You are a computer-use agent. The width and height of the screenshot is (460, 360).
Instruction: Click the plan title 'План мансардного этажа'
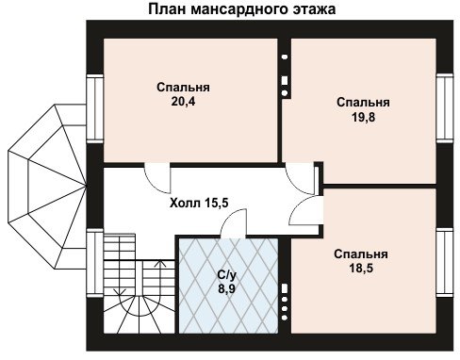pyautogui.click(x=241, y=8)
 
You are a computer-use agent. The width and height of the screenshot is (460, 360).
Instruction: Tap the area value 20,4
pyautogui.click(x=183, y=101)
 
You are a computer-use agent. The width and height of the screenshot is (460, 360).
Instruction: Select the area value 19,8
pyautogui.click(x=363, y=117)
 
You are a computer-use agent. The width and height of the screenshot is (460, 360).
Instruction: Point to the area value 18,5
pyautogui.click(x=361, y=269)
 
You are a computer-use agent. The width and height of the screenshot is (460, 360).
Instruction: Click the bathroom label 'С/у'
pyautogui.click(x=227, y=275)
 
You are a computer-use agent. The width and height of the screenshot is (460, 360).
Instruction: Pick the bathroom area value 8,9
pyautogui.click(x=227, y=288)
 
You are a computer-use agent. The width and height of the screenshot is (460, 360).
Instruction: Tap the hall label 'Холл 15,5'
pyautogui.click(x=199, y=203)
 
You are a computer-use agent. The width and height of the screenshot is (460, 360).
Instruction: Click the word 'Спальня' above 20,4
pyautogui.click(x=183, y=88)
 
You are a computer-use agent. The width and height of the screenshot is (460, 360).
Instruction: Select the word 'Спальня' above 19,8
pyautogui.click(x=363, y=103)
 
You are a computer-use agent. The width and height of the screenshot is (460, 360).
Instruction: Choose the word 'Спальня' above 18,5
pyautogui.click(x=361, y=254)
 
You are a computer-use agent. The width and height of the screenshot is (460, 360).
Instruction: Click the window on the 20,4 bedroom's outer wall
pyautogui.click(x=95, y=108)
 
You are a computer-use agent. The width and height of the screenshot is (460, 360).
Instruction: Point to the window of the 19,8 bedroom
pyautogui.click(x=445, y=107)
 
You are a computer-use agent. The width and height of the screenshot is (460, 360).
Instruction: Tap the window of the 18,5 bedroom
pyautogui.click(x=445, y=263)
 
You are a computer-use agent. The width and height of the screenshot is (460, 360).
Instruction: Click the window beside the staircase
pyautogui.click(x=95, y=263)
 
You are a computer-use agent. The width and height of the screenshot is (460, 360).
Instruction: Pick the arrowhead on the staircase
pyautogui.click(x=160, y=263)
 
